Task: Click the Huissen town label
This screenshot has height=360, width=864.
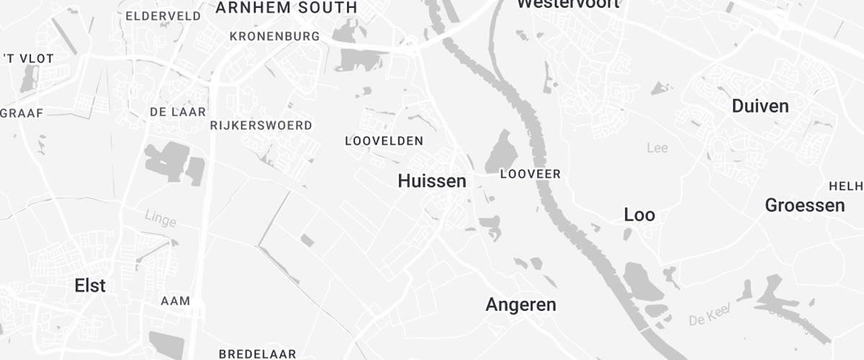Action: point(432,181)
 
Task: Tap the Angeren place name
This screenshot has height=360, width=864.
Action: point(521,305)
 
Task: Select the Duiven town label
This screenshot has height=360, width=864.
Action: point(760,107)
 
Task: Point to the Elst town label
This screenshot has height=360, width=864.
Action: point(90,286)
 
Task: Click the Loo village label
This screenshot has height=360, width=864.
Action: point(639,215)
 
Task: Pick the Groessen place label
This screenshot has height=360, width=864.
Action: point(804,205)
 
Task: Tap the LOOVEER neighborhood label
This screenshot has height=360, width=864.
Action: point(530,174)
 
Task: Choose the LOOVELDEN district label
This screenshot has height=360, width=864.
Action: point(384,141)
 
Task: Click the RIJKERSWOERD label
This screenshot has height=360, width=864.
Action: point(261,125)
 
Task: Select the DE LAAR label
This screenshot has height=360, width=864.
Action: point(178,112)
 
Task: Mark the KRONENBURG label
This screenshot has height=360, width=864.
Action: point(274,36)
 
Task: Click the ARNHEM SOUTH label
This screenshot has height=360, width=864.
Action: point(286,8)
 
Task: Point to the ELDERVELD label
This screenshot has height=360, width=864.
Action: point(163,16)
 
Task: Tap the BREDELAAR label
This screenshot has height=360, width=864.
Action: point(258,354)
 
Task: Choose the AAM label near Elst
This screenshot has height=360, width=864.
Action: point(175,300)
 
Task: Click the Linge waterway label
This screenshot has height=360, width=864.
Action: point(160,217)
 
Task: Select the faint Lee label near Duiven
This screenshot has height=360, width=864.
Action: point(657,148)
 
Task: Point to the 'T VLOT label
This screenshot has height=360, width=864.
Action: point(29,59)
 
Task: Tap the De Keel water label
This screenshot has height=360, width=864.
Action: point(709,315)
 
